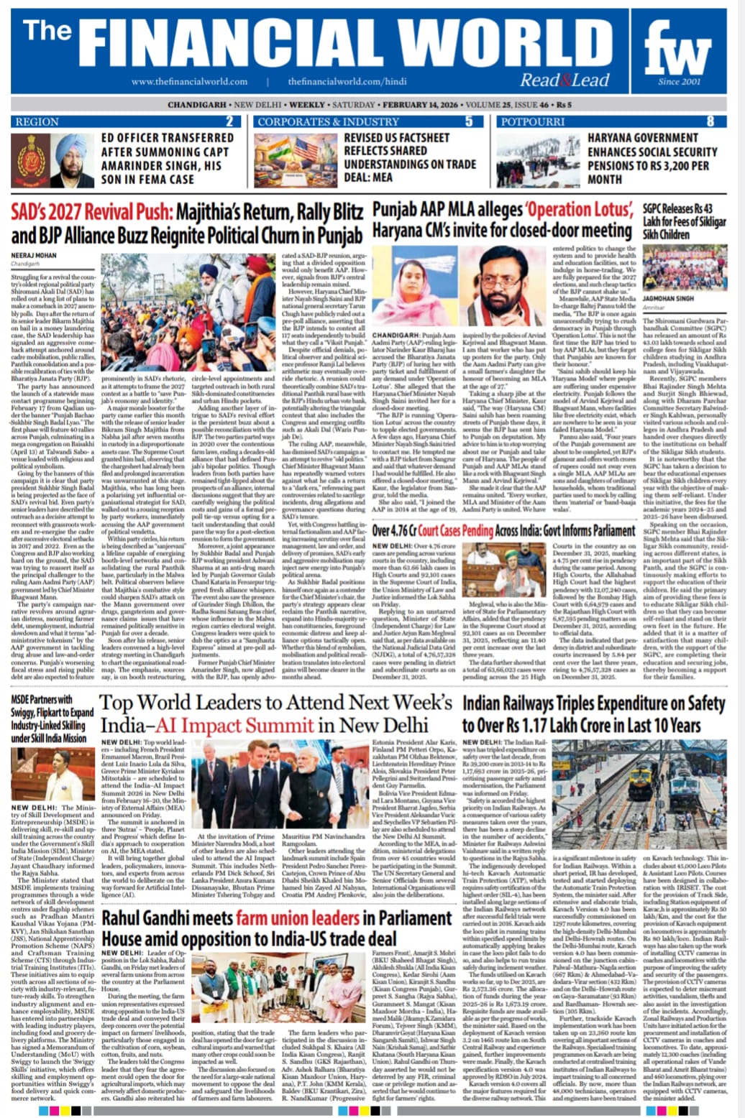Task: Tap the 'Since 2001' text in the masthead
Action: pyautogui.click(x=678, y=81)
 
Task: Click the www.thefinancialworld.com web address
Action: pyautogui.click(x=189, y=82)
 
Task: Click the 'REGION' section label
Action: pyautogui.click(x=37, y=121)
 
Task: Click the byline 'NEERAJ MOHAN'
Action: pyautogui.click(x=34, y=255)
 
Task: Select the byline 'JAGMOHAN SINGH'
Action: pyautogui.click(x=667, y=298)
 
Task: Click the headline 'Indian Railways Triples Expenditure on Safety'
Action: pyautogui.click(x=593, y=704)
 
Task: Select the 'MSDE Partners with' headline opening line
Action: pyautogui.click(x=42, y=699)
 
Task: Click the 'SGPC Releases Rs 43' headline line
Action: pyautogui.click(x=677, y=209)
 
